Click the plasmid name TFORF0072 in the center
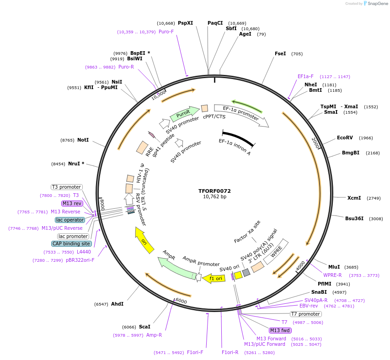(214, 191)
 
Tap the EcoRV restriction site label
(345, 138)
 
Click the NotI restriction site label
(83, 140)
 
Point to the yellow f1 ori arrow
(214, 278)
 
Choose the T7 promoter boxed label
(306, 314)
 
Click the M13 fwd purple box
(280, 330)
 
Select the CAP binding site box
(71, 244)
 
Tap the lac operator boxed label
(70, 220)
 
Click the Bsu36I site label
(354, 218)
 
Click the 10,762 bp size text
(214, 197)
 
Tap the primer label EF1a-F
(305, 76)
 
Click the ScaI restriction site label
(144, 327)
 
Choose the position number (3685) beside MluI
(351, 267)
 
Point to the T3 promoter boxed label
(66, 187)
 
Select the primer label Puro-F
(166, 32)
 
